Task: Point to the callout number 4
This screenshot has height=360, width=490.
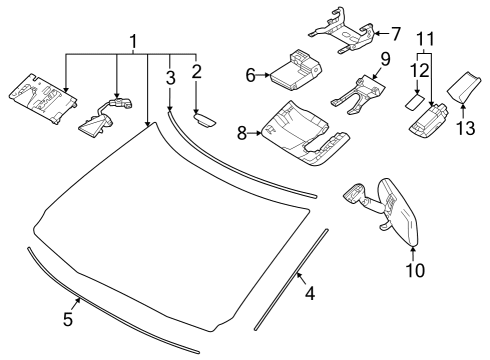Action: point(309,294)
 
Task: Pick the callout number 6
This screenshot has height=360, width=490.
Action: point(251,73)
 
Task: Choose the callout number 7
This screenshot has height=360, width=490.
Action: point(395,32)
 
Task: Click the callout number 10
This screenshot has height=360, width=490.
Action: point(414,269)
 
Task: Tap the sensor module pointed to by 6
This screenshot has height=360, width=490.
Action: point(297,69)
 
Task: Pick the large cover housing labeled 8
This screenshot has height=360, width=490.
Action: point(300,130)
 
